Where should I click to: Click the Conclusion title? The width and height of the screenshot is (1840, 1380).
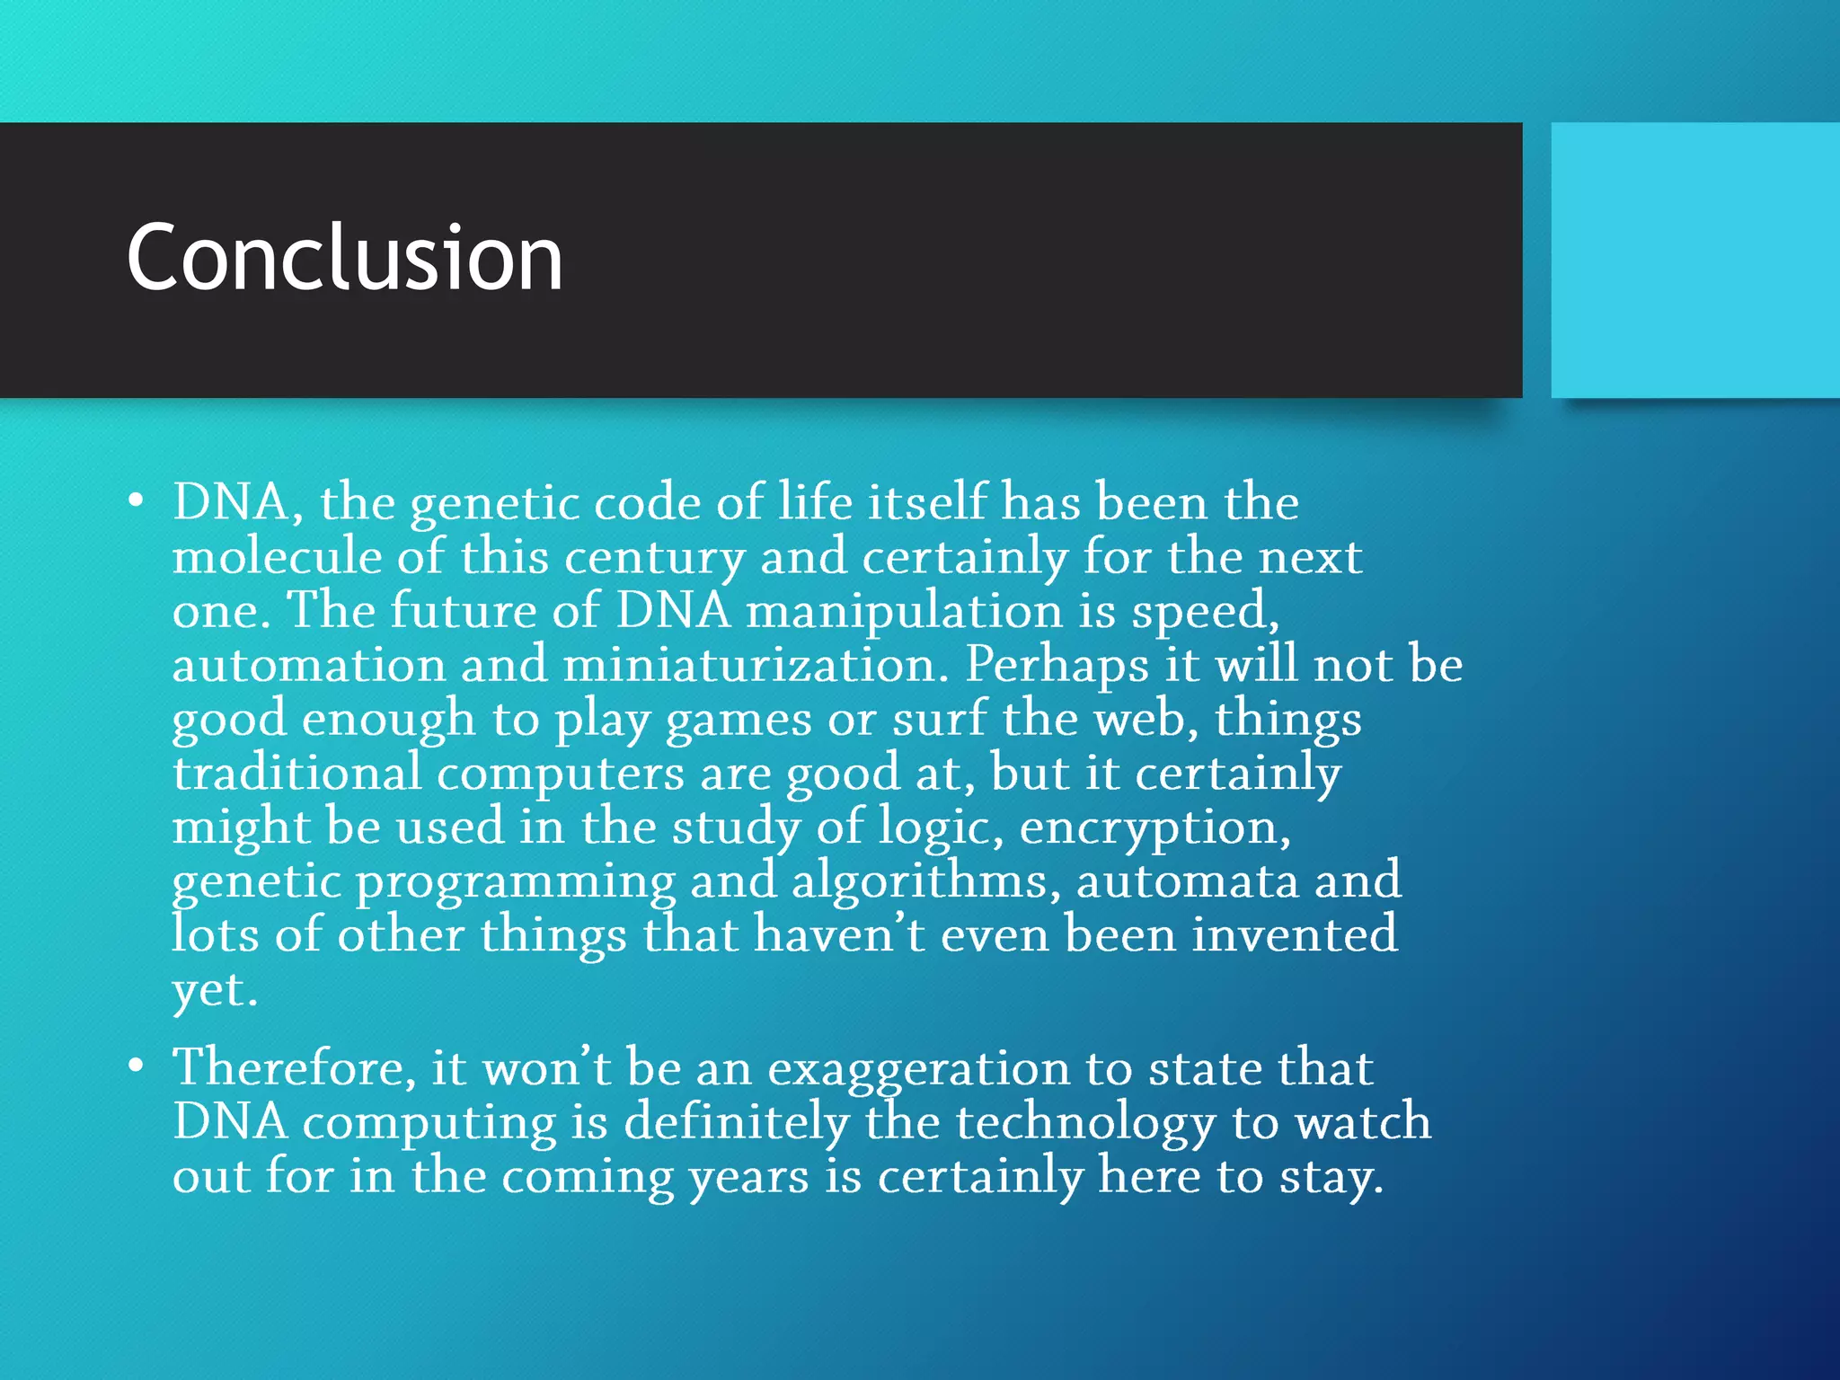pos(344,258)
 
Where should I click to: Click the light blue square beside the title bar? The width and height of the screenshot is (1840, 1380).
pos(1694,260)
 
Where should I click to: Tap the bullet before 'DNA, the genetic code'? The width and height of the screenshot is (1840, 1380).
pos(136,501)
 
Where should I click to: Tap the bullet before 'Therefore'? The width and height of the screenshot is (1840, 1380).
pos(136,1066)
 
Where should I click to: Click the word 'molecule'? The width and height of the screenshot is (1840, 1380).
pos(276,557)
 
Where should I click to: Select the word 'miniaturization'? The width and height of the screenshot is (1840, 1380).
pos(756,666)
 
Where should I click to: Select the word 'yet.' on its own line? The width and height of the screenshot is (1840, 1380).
pos(215,991)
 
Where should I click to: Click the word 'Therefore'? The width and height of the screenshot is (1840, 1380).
pos(294,1069)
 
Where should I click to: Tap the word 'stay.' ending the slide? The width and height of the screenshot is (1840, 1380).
pos(1331,1178)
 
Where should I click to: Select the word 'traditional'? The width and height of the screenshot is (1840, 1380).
pos(296,774)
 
